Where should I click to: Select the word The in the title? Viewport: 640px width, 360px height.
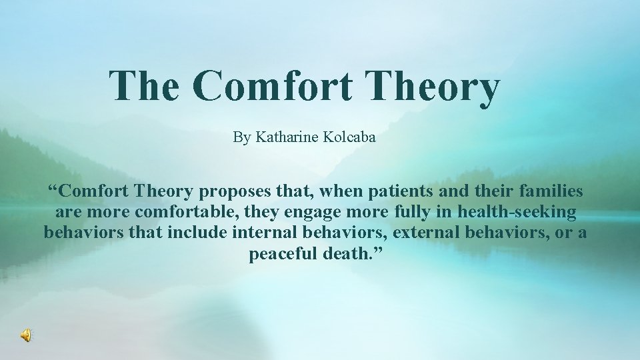(x=145, y=87)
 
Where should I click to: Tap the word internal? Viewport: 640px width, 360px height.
(x=265, y=234)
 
